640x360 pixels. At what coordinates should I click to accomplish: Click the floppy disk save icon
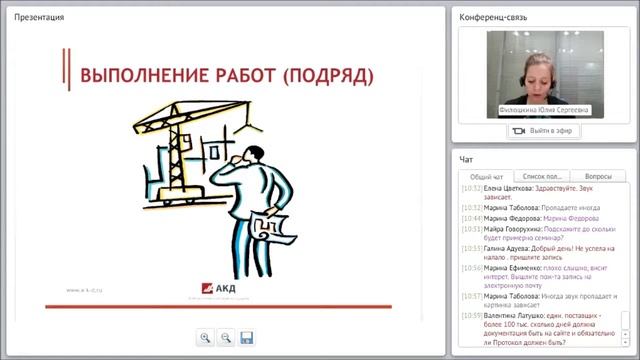point(247,338)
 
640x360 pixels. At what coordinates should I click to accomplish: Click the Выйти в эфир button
point(545,131)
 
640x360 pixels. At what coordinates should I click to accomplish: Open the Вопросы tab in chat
point(598,176)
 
